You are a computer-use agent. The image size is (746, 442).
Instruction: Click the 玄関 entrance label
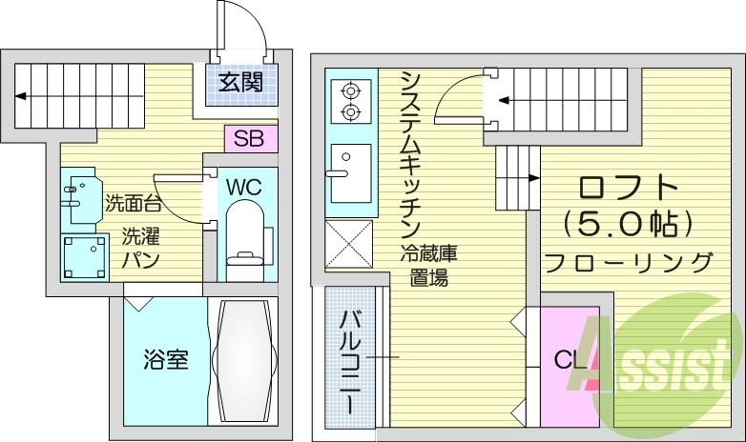tap(240, 82)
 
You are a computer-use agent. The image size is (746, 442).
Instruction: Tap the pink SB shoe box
tap(250, 137)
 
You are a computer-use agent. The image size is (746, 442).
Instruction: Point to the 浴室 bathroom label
tap(165, 359)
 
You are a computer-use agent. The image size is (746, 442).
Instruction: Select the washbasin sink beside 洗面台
tap(81, 192)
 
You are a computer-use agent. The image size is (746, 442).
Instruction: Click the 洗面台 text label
tap(133, 202)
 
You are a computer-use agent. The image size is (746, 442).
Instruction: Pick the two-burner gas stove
tap(349, 101)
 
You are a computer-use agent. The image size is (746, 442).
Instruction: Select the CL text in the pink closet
tap(570, 360)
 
